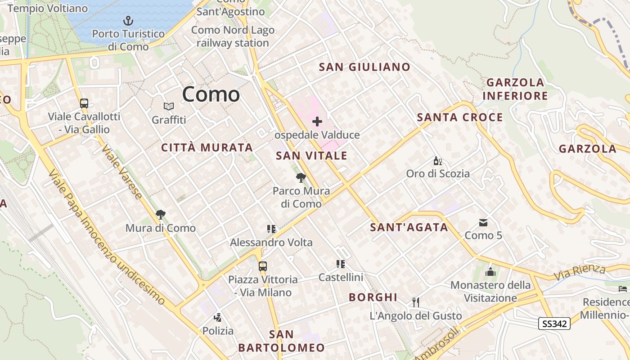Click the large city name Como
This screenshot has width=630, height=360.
[x=211, y=94]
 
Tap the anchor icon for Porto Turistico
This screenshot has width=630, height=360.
[x=129, y=21]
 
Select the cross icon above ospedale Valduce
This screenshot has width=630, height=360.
[x=317, y=121]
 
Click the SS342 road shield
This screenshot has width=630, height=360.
[x=554, y=323]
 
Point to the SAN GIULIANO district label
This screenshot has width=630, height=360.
[x=364, y=67]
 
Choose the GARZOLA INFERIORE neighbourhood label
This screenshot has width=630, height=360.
[x=515, y=89]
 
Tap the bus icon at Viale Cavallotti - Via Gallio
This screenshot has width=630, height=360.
[x=84, y=103]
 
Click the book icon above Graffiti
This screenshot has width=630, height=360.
[x=169, y=106]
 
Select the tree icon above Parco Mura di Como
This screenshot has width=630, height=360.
[x=301, y=177]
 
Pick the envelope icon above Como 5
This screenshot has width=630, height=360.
[x=483, y=222]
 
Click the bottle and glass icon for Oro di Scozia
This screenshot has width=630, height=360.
[x=437, y=161]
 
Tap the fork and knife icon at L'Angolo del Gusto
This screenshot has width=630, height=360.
[x=416, y=302]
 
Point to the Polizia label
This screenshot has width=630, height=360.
[x=218, y=331]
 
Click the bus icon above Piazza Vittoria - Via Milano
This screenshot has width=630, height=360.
[x=263, y=266]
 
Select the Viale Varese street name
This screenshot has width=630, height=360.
[x=121, y=171]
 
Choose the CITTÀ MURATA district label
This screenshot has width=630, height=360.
[x=207, y=148]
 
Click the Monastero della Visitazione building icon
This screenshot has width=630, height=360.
[x=490, y=272]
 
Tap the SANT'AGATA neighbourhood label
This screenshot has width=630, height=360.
[x=409, y=227]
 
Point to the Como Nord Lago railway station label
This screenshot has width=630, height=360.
[x=233, y=36]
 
